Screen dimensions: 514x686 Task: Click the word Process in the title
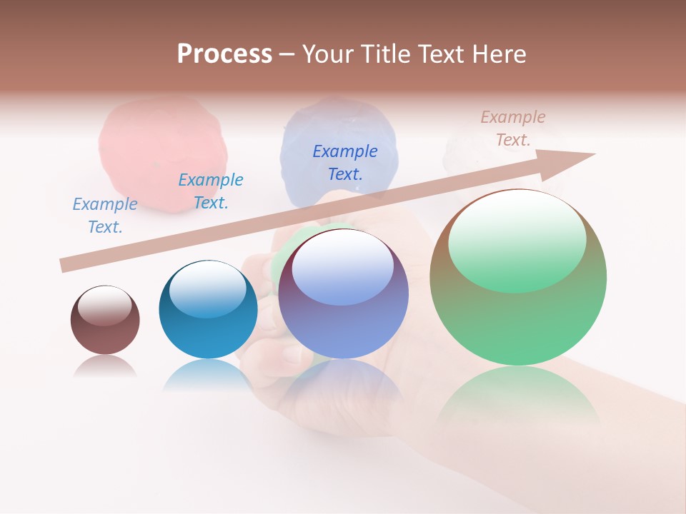pos(224,54)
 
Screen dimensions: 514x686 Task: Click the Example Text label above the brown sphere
pos(105,216)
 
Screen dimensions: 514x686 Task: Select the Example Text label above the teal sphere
pos(211,191)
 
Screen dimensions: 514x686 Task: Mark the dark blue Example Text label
pos(345,162)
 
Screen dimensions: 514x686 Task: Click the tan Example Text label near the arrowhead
pos(513,128)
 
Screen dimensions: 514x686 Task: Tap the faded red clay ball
pos(163,153)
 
